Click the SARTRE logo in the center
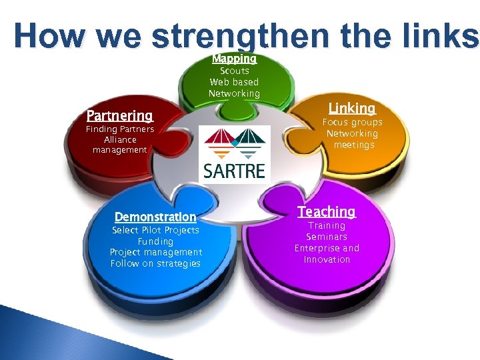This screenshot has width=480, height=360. pos(235,153)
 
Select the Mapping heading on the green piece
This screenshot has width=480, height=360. pos(234,59)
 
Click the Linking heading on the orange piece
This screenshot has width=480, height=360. pos(352,108)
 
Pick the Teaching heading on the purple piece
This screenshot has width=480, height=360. pos(327,211)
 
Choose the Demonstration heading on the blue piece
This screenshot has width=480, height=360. pos(155,217)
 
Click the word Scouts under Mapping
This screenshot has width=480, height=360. pos(235,71)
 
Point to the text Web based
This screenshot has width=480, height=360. pos(234,82)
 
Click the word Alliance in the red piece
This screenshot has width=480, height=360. pos(120,139)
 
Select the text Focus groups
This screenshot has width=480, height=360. pos(353,122)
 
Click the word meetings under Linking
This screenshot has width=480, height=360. pos(354,145)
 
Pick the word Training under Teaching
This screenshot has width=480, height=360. pos(327,225)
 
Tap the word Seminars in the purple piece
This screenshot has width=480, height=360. pos(327,237)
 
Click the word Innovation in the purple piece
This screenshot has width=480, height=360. pos(327,259)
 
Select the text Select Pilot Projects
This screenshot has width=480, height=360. pos(155,230)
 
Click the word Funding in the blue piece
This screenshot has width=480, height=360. pos(155,241)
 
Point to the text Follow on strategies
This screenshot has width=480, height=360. pos(155,263)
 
